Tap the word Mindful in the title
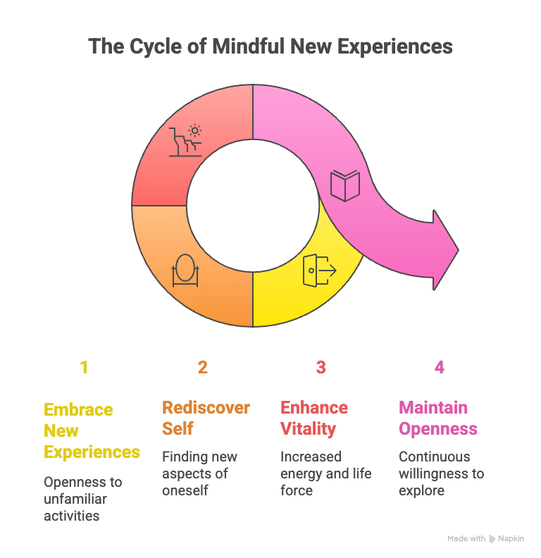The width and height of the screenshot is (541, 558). point(244,46)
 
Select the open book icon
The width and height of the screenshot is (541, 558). point(345,185)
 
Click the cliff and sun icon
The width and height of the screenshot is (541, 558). point(186,140)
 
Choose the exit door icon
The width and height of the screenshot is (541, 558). point(318,271)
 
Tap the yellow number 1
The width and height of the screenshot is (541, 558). point(84,367)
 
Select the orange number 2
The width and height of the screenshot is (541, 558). point(203,367)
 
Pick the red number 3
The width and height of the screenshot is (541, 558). point(321,367)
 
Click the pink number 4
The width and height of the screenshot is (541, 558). point(440,367)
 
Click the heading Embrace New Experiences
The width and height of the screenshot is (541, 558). point(92,430)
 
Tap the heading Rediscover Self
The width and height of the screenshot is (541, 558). point(206,418)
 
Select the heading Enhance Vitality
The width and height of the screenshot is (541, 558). point(314,418)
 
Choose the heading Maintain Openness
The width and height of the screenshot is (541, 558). point(437,418)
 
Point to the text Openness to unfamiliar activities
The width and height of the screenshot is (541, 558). point(83,499)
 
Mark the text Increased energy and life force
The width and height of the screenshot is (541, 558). point(325,473)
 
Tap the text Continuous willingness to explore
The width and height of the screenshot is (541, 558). point(441,473)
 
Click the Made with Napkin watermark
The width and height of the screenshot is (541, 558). point(485,538)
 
